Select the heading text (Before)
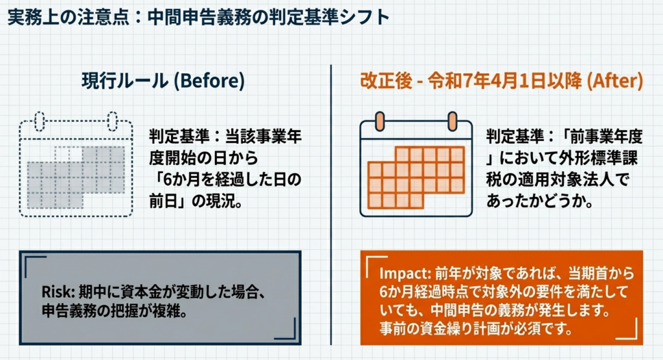pos(209,80)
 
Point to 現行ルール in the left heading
pos(125,80)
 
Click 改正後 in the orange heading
pos(386,80)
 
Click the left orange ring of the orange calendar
pos(379,122)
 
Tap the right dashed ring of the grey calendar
pos(112,122)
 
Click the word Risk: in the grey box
pos(58,292)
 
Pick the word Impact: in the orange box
pos(405,273)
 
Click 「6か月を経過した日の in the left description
pos(225,179)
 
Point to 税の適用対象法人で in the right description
pos(557,179)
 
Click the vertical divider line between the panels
pos(331,205)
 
